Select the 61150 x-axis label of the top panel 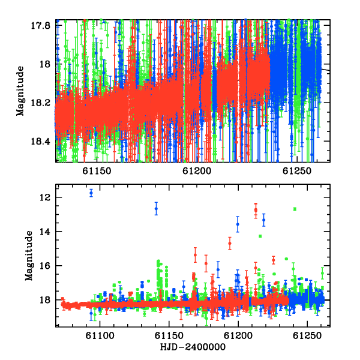(x=97, y=171)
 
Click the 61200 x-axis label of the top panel (x=197, y=171)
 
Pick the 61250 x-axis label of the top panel (x=297, y=171)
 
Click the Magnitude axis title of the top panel (x=20, y=91)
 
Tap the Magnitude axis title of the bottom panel (x=29, y=256)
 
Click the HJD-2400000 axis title (x=193, y=347)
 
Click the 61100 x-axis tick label (x=100, y=335)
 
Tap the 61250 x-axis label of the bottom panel (x=307, y=335)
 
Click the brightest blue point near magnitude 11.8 (x=91, y=193)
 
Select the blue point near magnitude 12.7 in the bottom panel (x=156, y=209)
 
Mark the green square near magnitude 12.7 (x=295, y=209)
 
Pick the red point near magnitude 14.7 (x=230, y=244)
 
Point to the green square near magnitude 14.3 (x=260, y=236)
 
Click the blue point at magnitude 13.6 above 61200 (x=238, y=224)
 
